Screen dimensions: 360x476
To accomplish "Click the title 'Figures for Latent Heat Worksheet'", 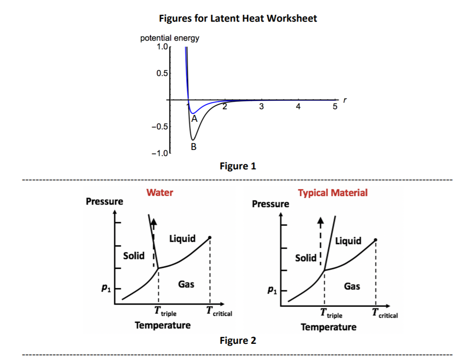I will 238,18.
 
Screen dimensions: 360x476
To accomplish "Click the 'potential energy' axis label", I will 169,38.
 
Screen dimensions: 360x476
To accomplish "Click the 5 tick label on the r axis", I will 335,107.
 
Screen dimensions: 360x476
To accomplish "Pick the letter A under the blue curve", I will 194,119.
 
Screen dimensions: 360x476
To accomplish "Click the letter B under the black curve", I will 193,147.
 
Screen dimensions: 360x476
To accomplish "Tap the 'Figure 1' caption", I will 238,166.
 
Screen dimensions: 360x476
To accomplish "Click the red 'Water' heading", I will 160,192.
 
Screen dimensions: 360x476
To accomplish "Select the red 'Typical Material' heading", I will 333,192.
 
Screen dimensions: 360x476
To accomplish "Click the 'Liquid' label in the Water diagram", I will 182,239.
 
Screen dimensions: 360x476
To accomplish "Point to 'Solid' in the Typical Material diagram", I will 306,258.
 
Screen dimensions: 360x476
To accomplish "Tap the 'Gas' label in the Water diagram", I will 186,284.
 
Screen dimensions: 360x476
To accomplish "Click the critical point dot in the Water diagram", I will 210,237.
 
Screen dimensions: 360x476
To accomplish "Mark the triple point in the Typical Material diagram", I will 324,270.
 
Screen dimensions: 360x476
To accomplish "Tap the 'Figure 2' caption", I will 238,341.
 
